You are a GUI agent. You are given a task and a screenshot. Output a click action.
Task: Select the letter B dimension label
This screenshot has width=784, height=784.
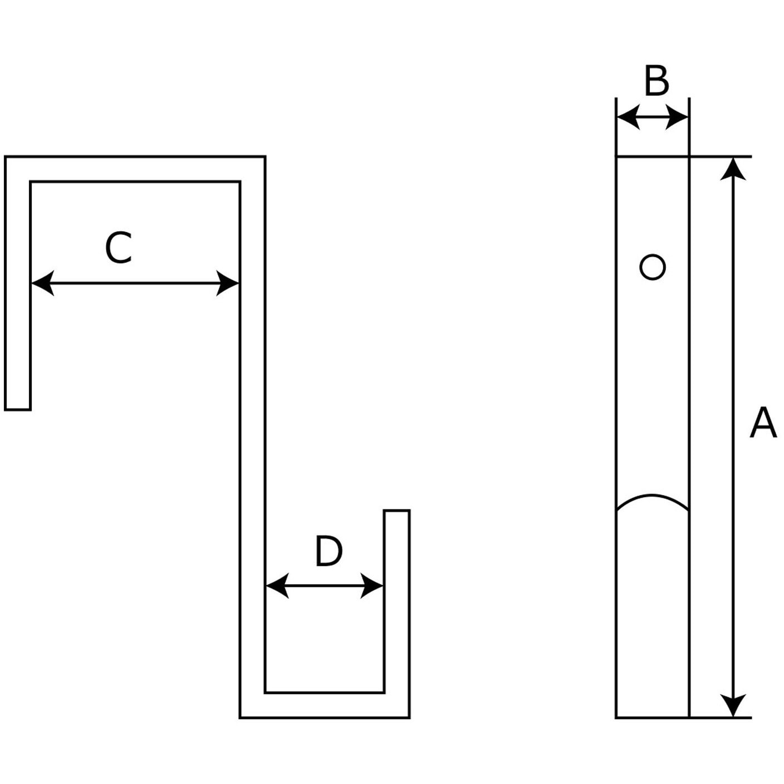(x=656, y=81)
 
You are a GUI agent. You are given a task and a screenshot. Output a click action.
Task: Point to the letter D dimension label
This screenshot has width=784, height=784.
(x=329, y=551)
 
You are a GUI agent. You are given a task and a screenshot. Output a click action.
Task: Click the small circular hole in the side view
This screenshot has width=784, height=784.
(x=653, y=267)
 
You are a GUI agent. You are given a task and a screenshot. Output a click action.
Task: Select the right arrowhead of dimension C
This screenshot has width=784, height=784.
(x=228, y=283)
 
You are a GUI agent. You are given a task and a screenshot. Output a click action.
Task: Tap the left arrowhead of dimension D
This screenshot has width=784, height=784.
(x=277, y=586)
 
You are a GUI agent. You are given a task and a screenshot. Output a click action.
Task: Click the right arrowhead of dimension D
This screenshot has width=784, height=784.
(x=373, y=586)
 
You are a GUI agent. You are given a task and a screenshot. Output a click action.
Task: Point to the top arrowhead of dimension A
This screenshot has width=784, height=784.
(x=733, y=169)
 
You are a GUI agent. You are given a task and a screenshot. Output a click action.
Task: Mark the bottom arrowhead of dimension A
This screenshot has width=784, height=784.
(x=733, y=705)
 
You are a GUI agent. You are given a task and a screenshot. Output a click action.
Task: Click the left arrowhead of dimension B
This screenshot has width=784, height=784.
(x=628, y=117)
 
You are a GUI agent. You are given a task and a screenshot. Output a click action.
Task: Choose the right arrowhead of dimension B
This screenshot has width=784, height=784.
(x=678, y=117)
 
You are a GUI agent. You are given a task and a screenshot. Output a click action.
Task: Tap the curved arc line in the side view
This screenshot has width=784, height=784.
(x=653, y=496)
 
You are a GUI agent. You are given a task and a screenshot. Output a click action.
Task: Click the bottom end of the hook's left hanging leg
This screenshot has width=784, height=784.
(x=18, y=409)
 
